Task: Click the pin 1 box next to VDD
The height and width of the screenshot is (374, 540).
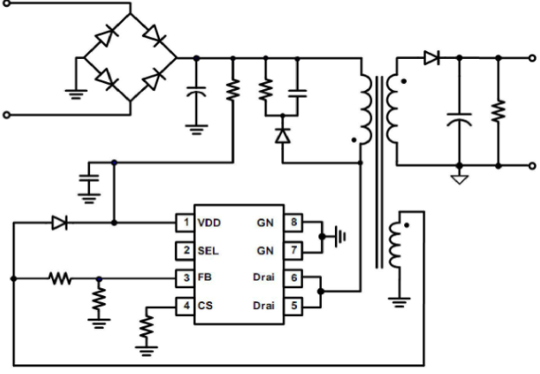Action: coord(185,222)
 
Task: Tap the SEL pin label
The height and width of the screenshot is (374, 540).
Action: coord(208,251)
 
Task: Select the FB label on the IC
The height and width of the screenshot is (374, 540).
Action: coord(204,277)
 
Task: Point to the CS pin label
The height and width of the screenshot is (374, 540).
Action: coord(205,306)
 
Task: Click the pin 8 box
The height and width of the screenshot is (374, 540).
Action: coord(293,222)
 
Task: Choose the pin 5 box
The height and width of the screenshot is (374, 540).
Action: coord(293,306)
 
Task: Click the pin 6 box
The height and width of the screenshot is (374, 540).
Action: coord(293,278)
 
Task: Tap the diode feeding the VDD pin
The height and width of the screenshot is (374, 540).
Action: coord(59,222)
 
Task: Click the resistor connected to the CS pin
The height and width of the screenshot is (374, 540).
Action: coord(146,326)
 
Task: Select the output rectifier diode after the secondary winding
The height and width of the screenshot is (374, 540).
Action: coord(432,58)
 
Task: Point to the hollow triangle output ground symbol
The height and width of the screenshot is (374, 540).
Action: coord(460,179)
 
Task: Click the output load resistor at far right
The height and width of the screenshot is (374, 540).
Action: coord(498,111)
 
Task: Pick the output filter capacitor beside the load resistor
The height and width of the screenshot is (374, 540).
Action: coord(459,119)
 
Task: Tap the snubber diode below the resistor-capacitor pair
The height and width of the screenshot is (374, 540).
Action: coord(283,135)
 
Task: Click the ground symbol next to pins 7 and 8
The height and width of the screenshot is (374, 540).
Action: coord(340,236)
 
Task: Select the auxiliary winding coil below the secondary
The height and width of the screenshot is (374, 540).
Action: coord(395,245)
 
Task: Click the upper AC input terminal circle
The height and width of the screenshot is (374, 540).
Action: coord(7,3)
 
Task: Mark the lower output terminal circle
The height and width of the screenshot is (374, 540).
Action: coord(532,166)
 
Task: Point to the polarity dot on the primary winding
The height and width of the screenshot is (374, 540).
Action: coord(354,140)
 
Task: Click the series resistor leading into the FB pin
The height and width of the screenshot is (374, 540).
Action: coord(61,278)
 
